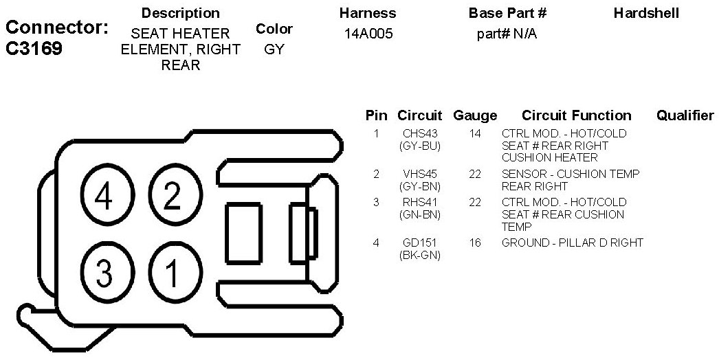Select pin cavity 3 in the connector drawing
(104, 273)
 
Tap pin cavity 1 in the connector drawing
(171, 273)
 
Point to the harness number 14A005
(368, 34)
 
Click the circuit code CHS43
(419, 133)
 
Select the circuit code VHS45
(419, 174)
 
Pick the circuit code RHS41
(419, 202)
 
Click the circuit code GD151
(419, 243)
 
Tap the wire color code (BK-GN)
(419, 256)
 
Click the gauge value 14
(475, 133)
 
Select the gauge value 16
(475, 243)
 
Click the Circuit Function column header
(576, 115)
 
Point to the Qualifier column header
(685, 115)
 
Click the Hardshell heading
(646, 13)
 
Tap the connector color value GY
(274, 50)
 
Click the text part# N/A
(507, 34)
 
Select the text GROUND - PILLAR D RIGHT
(573, 243)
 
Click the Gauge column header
(475, 115)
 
